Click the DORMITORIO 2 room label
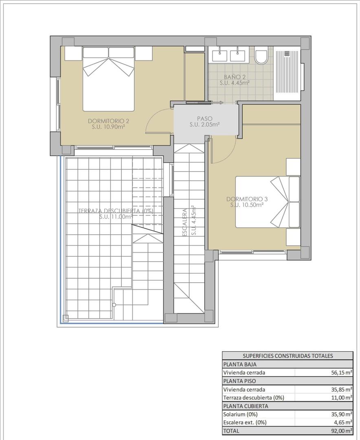point(108,121)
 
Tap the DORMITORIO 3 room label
point(247,199)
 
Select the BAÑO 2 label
point(234,77)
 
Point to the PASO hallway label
point(204,119)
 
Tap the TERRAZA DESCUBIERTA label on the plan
point(116,211)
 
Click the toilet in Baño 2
point(261,56)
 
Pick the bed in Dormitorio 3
point(268,202)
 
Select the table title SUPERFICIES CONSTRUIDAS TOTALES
point(288,356)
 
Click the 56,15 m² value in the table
point(342,372)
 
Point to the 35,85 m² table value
point(342,389)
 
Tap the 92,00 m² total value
point(342,431)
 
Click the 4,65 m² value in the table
point(343,422)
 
